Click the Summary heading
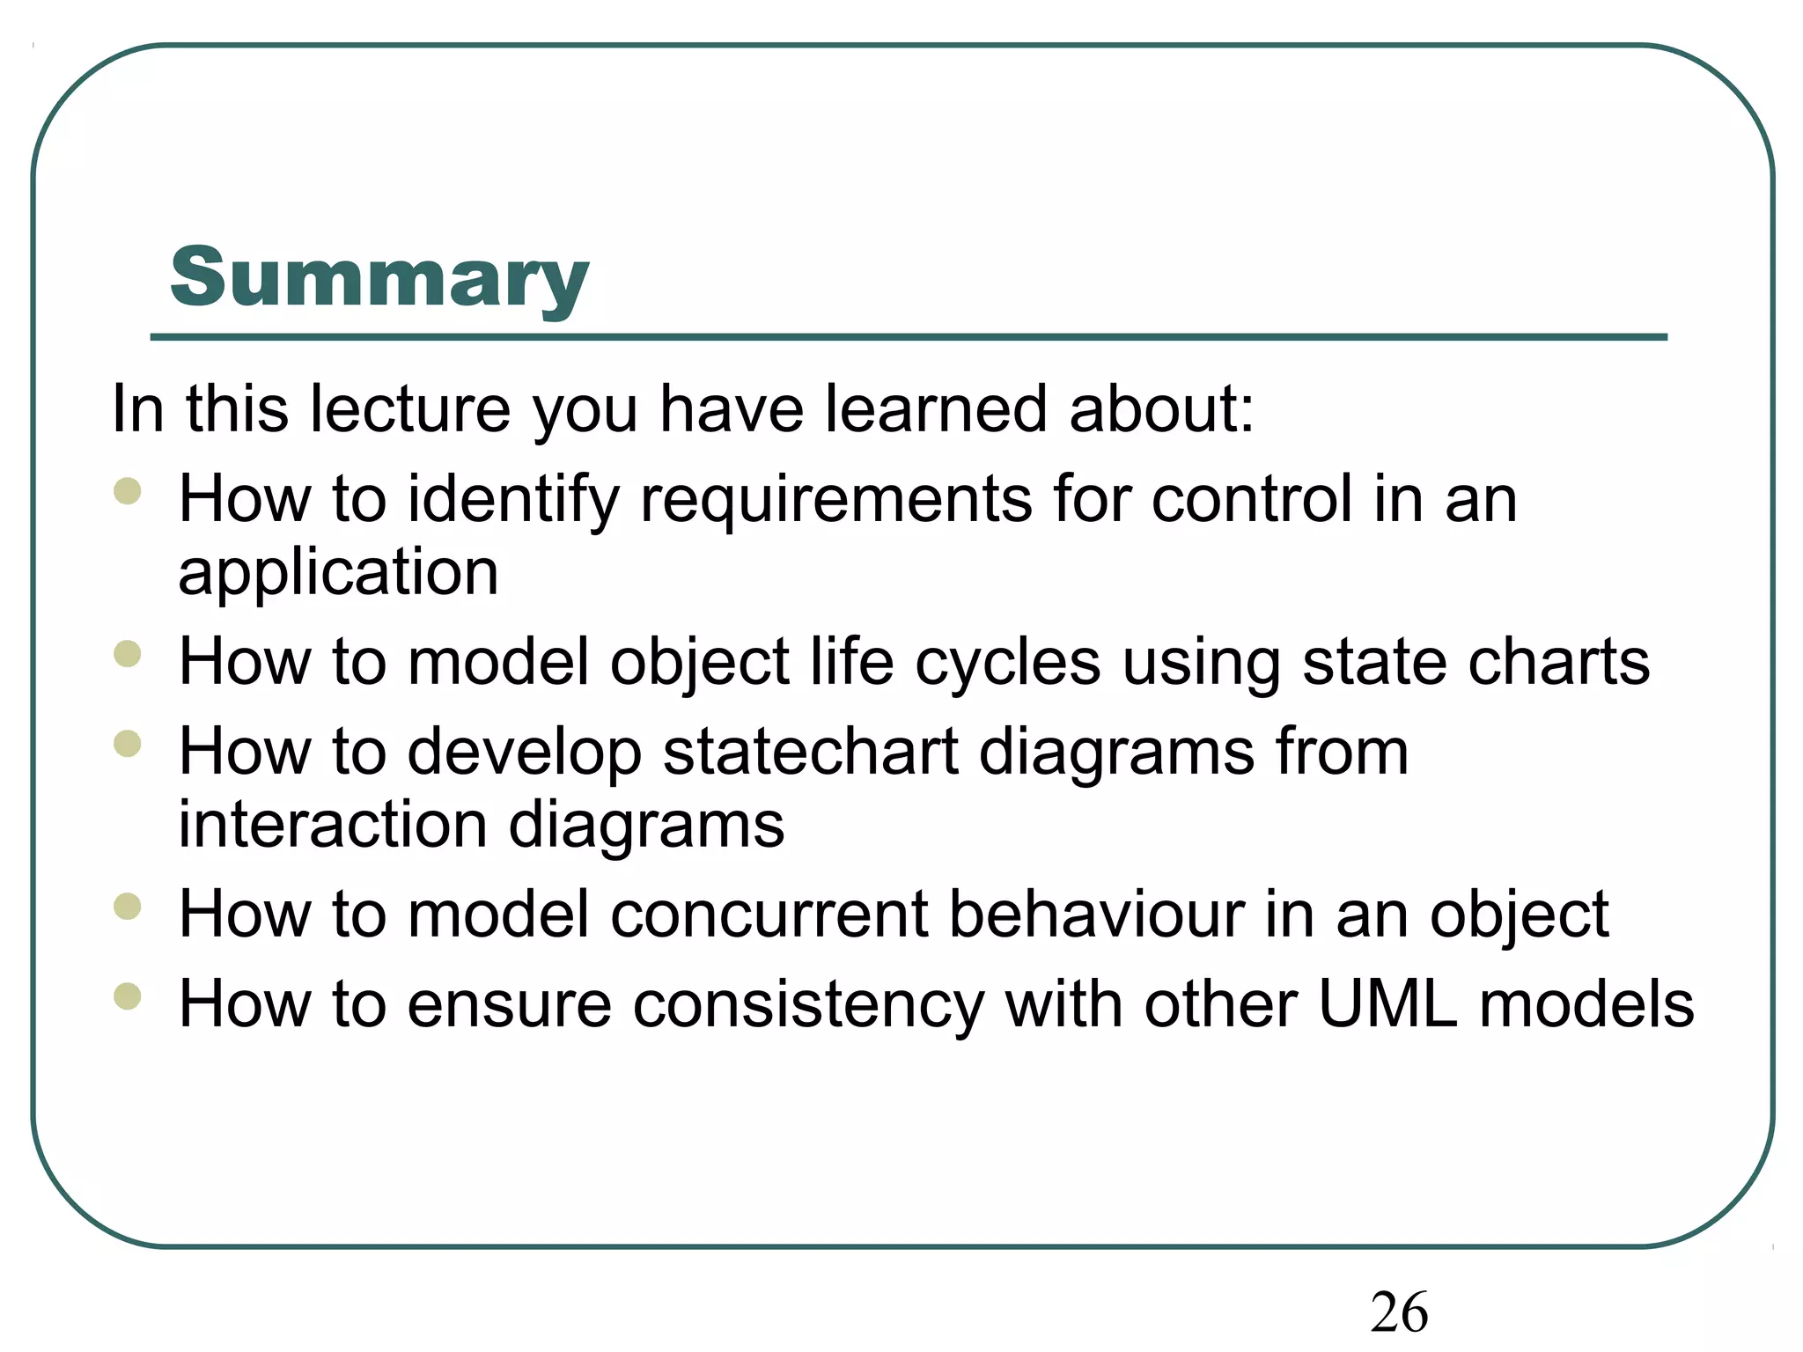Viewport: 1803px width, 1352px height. (x=379, y=278)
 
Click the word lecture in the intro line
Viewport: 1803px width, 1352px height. (x=409, y=409)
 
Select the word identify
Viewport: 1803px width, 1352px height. (x=513, y=500)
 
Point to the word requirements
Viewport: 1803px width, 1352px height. (x=835, y=500)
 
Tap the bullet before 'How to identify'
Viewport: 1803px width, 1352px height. (x=128, y=490)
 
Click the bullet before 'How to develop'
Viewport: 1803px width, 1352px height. (x=128, y=744)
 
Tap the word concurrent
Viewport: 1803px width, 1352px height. (x=769, y=915)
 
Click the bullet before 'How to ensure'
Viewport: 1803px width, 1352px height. (x=128, y=996)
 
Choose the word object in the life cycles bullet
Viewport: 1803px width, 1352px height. (x=700, y=662)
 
